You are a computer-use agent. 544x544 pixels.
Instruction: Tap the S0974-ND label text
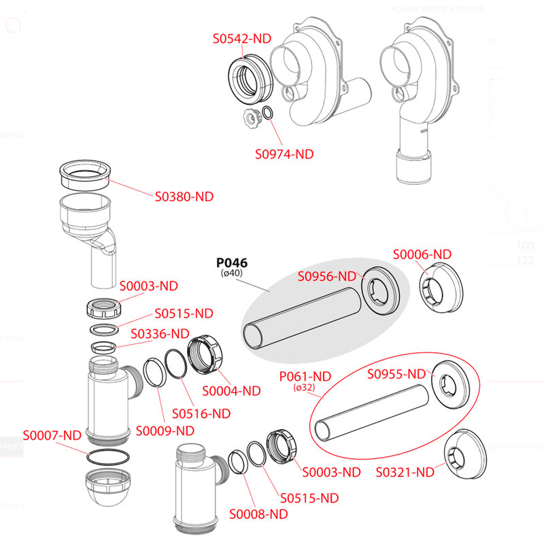(284, 154)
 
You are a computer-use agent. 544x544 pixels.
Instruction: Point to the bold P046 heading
(232, 263)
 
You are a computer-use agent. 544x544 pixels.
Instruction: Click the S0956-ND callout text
(328, 276)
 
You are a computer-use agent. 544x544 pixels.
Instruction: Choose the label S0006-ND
(422, 254)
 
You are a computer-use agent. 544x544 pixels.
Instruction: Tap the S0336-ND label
(160, 333)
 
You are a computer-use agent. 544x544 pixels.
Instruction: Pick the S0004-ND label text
(232, 390)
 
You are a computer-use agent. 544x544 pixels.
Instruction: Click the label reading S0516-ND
(201, 413)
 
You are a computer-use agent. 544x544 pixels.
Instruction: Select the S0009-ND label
(165, 430)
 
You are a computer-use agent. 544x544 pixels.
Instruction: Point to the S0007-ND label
(52, 435)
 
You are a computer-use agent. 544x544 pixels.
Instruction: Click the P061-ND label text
(305, 376)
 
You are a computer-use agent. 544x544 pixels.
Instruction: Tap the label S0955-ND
(396, 373)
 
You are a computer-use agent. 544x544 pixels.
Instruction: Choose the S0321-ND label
(405, 471)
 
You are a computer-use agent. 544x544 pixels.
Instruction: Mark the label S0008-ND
(258, 513)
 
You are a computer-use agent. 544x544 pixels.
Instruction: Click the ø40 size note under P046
(232, 274)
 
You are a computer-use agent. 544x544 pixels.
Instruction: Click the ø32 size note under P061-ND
(304, 388)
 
